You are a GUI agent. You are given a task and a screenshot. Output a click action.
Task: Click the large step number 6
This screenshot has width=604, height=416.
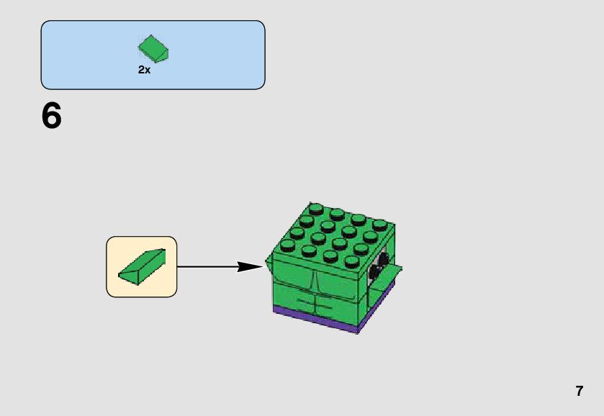pos(52,116)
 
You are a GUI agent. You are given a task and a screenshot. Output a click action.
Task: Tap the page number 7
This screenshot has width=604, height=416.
pos(579,391)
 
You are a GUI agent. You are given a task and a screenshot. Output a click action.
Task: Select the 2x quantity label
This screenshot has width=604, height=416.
pos(144,70)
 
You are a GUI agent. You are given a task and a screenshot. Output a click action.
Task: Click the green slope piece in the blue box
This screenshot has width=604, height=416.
pos(153,49)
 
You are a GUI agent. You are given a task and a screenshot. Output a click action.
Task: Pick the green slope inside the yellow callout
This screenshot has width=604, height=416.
pos(143,267)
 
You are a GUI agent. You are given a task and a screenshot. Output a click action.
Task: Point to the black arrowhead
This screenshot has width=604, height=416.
pos(249,266)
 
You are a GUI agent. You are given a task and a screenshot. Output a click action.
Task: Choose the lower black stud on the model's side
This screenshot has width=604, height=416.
pos(374,271)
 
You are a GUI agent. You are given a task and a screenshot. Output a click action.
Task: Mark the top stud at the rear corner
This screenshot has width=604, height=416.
pos(317,209)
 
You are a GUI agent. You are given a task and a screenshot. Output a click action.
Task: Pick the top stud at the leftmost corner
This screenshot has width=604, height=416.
pos(287,245)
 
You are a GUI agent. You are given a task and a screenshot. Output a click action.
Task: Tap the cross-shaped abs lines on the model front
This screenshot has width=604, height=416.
pos(314,302)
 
